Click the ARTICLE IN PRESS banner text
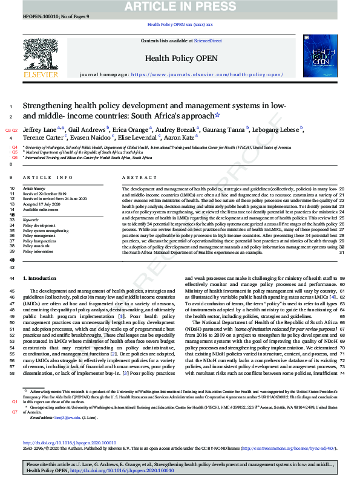[180, 7]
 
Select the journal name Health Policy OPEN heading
[179, 59]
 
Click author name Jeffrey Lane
[41, 130]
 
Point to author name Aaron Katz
[179, 137]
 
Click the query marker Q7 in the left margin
[15, 412]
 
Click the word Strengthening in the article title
[47, 106]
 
